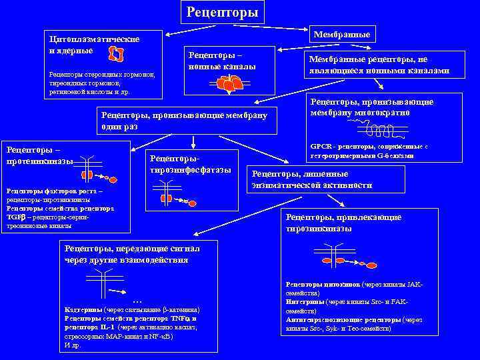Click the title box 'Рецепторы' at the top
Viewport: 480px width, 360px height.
click(222, 12)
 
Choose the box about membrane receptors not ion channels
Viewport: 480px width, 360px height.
click(377, 65)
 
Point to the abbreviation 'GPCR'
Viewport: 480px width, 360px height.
click(320, 147)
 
